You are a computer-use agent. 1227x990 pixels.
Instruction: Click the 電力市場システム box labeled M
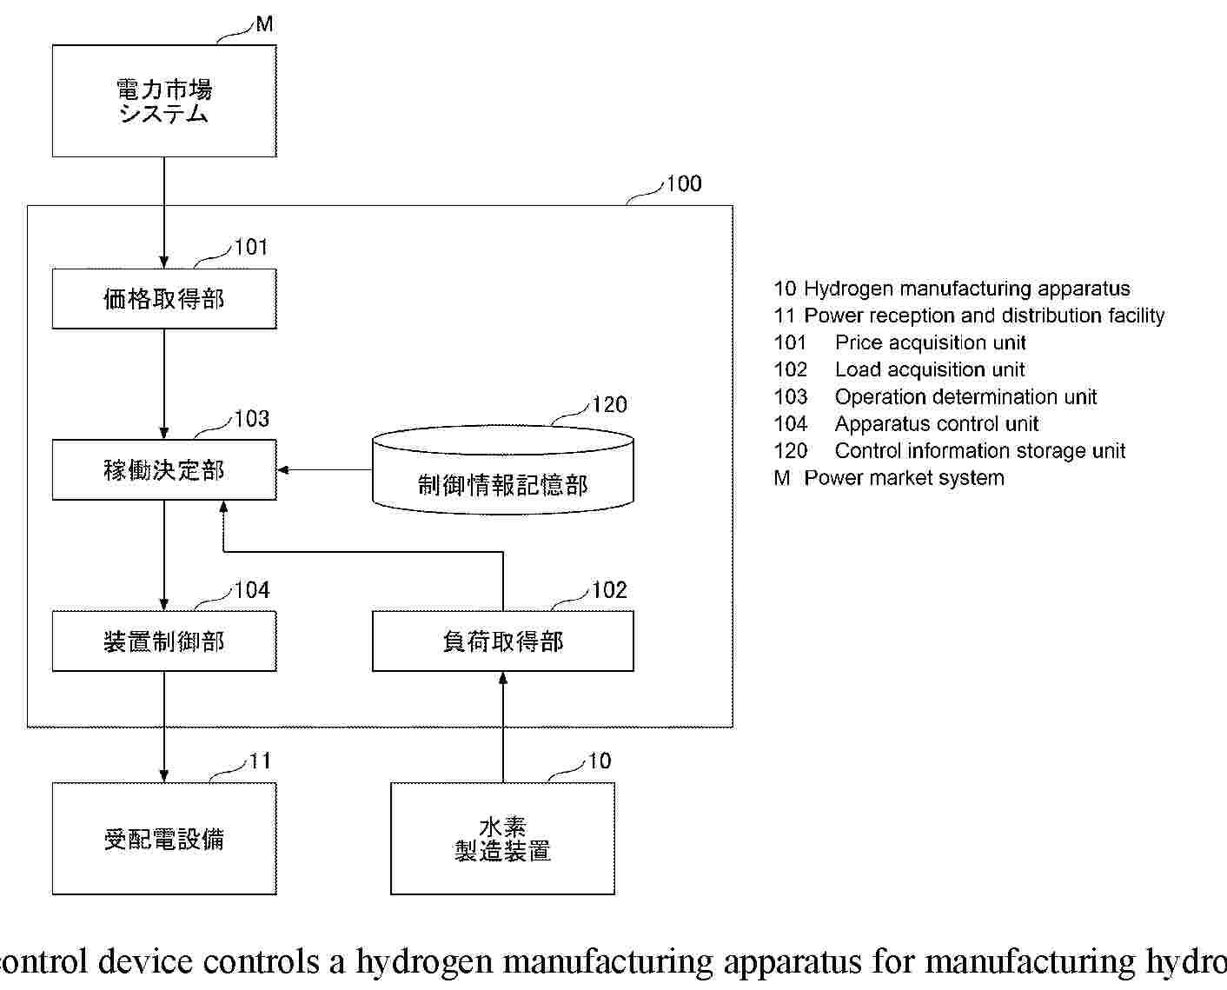click(164, 101)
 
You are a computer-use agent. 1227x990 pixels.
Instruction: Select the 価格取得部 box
click(164, 299)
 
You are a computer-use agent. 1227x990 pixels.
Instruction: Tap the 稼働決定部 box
click(164, 470)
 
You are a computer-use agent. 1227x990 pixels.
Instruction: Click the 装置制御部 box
click(164, 641)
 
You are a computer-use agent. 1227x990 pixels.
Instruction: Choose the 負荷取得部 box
click(502, 641)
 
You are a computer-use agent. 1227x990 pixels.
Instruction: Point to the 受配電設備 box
click(164, 839)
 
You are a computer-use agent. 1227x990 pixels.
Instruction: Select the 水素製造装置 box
click(502, 839)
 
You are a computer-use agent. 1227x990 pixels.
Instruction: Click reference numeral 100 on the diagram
click(684, 183)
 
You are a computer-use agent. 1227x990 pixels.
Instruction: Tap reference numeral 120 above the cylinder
click(609, 405)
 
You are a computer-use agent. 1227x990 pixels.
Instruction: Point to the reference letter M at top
click(264, 25)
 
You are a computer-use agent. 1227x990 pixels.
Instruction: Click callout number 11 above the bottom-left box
click(260, 761)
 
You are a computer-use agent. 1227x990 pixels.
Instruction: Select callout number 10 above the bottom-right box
click(600, 761)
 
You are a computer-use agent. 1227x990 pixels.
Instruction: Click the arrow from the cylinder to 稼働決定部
click(324, 470)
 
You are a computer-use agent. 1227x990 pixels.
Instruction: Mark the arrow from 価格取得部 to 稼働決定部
click(164, 382)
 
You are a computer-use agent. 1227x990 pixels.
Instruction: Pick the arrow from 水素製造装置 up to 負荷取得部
click(502, 726)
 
